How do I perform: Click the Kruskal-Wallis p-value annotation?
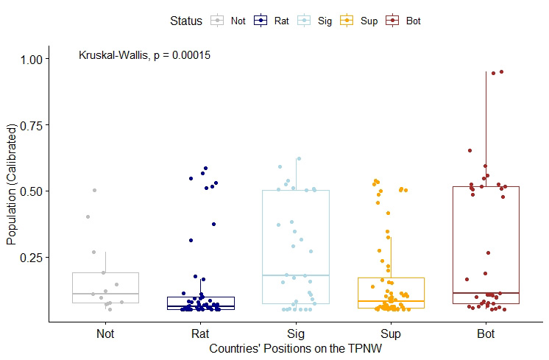(x=144, y=55)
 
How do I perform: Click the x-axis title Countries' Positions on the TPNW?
(x=296, y=347)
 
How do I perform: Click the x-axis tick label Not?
(x=105, y=333)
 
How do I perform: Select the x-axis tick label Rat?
(x=200, y=333)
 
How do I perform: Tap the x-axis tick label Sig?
(x=296, y=333)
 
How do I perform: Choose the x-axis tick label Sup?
(x=391, y=333)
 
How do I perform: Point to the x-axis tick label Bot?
(x=486, y=333)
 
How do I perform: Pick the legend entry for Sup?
(x=360, y=21)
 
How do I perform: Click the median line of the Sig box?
(x=296, y=275)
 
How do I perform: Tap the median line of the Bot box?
(x=486, y=293)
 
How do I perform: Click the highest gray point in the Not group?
(x=94, y=190)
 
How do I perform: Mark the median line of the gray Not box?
(x=105, y=294)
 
